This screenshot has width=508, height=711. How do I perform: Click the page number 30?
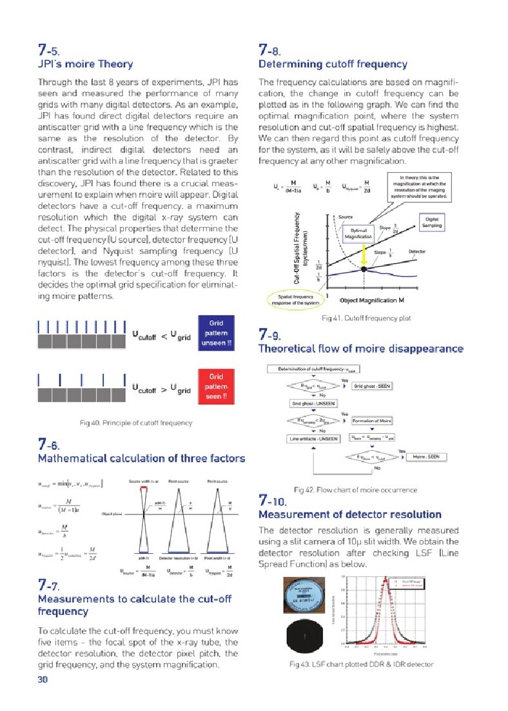click(x=43, y=679)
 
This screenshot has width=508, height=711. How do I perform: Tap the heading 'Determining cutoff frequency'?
click(x=333, y=64)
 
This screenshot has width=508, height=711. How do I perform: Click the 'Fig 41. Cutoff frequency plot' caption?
click(x=366, y=318)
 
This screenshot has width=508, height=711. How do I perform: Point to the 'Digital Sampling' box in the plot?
click(x=432, y=222)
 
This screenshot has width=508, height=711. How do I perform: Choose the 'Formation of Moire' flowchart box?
click(x=373, y=420)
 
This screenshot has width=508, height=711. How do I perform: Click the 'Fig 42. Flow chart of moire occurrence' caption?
click(x=355, y=490)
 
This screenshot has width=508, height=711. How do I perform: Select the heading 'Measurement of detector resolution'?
click(x=349, y=514)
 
